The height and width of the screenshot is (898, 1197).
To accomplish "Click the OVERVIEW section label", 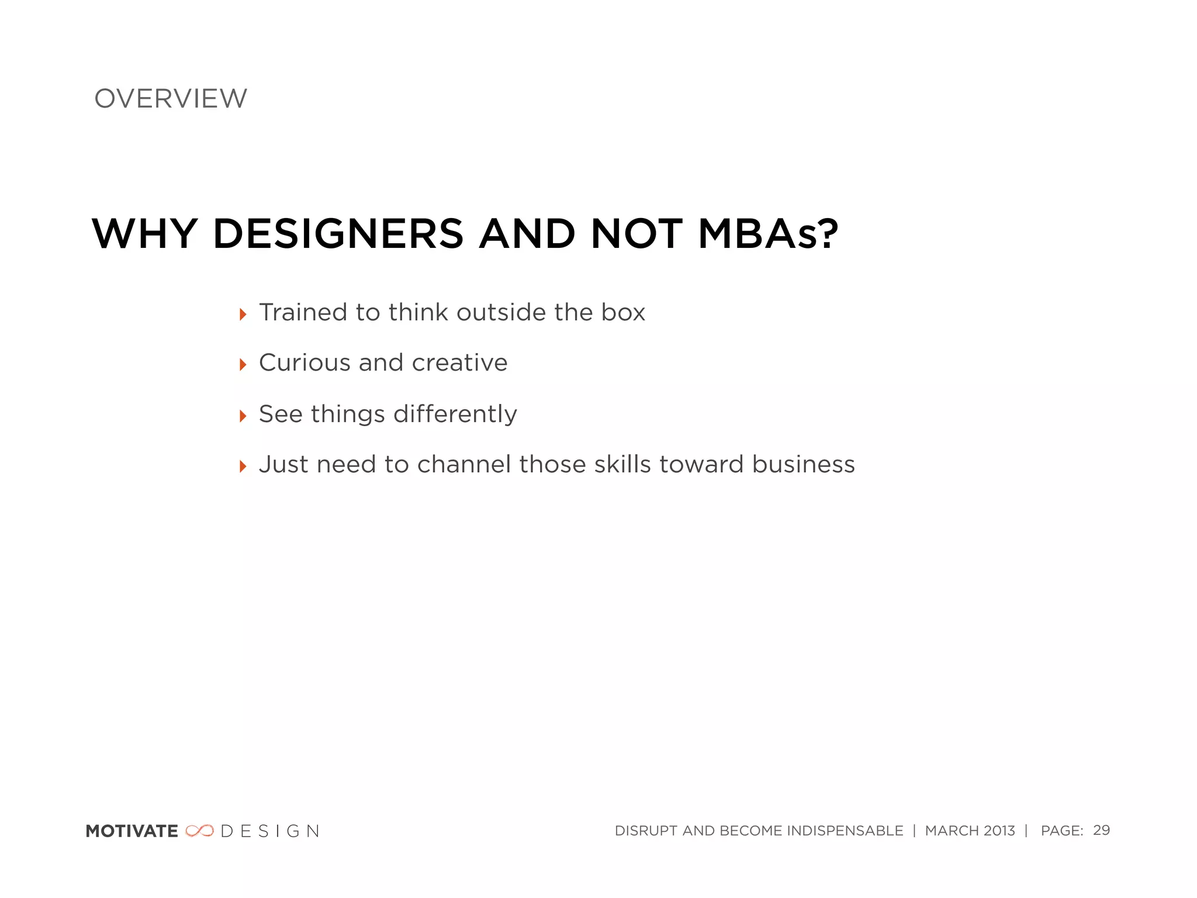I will click(171, 99).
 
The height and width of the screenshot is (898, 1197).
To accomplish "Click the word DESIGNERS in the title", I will click(338, 234).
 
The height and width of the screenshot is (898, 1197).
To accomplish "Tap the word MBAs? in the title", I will click(768, 234).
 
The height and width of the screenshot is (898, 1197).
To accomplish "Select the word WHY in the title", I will click(144, 234).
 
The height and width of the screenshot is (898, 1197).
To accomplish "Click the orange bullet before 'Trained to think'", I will click(243, 315).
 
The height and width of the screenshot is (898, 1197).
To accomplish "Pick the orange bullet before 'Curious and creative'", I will click(243, 365).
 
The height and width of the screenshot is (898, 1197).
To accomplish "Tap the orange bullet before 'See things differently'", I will click(243, 416).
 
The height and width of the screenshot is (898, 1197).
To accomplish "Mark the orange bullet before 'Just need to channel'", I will click(243, 467).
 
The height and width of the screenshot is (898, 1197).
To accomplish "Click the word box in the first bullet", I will click(624, 312).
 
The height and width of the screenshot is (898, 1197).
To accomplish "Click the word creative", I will click(459, 363).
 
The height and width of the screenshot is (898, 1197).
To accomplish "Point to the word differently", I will click(455, 415).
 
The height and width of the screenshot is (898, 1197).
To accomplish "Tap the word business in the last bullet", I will click(804, 465).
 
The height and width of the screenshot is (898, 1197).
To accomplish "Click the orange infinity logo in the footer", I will click(199, 831).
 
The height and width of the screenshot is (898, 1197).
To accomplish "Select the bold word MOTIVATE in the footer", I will click(132, 831).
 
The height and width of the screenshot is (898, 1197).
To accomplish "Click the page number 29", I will click(1101, 830).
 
